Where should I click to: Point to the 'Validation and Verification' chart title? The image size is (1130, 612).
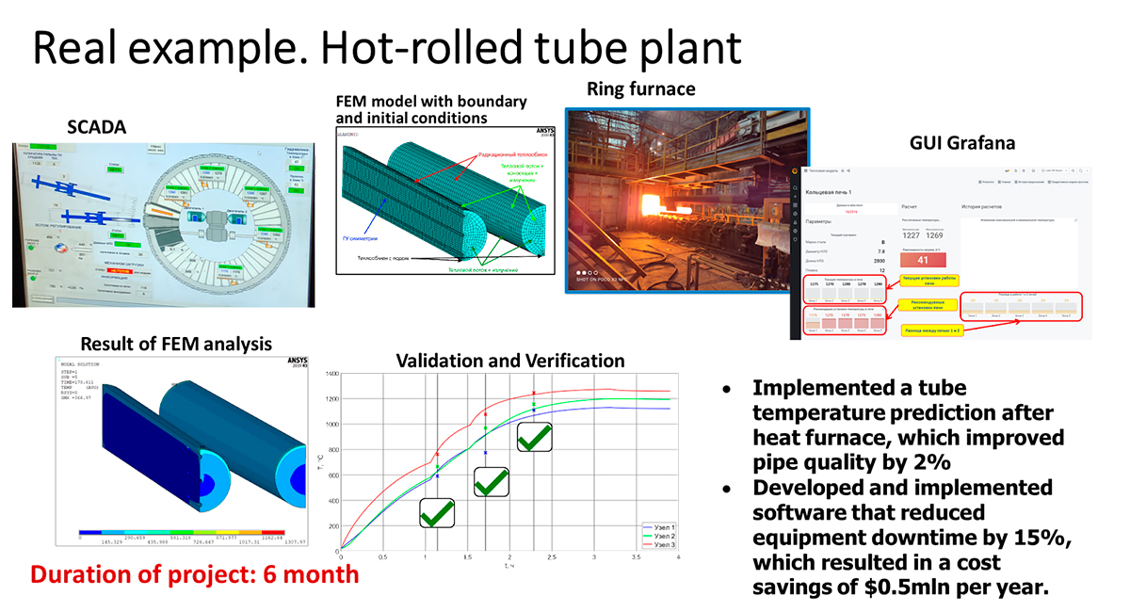(x=509, y=360)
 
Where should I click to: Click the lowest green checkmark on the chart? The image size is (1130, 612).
(x=436, y=514)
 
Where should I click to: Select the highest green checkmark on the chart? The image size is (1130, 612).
(x=534, y=438)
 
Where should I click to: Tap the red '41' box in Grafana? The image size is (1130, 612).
(x=923, y=261)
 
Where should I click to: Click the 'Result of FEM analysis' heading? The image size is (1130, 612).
(x=176, y=344)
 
